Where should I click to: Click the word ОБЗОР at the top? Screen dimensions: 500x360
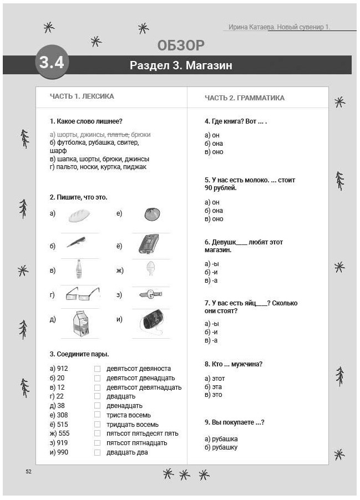[180, 45]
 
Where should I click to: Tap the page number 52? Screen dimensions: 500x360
[29, 471]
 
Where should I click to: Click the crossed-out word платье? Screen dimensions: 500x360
[118, 135]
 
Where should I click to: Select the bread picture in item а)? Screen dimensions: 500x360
[79, 216]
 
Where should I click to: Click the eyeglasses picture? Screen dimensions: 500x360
[82, 294]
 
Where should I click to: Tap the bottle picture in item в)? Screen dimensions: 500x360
[79, 269]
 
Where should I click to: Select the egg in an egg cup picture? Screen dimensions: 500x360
[150, 269]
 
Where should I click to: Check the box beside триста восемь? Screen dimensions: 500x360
[97, 415]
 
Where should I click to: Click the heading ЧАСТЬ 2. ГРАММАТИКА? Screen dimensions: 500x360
[244, 98]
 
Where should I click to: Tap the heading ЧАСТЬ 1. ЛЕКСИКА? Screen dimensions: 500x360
[82, 96]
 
